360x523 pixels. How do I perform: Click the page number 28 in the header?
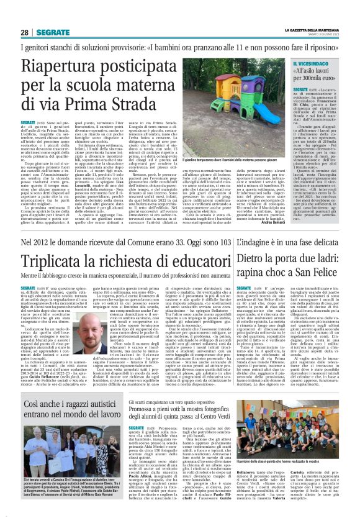[24, 32]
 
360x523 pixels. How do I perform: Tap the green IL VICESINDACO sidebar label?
[313, 64]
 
